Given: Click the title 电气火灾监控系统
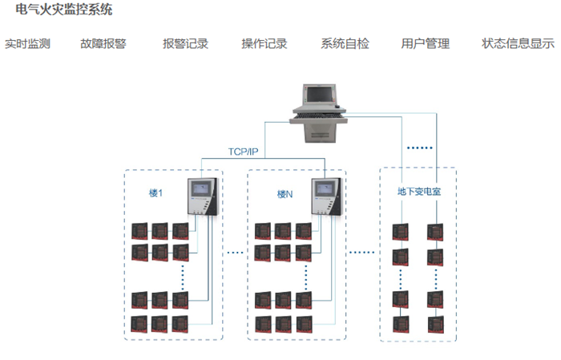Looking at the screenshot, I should coord(64,10).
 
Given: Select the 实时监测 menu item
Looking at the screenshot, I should coord(27,44).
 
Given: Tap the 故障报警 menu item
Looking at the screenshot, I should coord(103,44).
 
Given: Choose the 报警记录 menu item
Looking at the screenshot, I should coord(185,44).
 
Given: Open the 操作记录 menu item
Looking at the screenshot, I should coord(264,44).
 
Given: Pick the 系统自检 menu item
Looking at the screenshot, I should coord(345,44).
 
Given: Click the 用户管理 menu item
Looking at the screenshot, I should coord(426,44).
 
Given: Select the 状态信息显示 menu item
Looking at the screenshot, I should coord(518,44).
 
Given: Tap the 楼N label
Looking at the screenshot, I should coord(285,194).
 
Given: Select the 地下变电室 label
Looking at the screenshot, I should coord(418,192).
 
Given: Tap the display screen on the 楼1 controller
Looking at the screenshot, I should coord(201,189).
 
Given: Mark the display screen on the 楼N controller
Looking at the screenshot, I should coord(325,189).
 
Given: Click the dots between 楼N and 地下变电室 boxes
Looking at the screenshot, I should coord(363,253).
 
